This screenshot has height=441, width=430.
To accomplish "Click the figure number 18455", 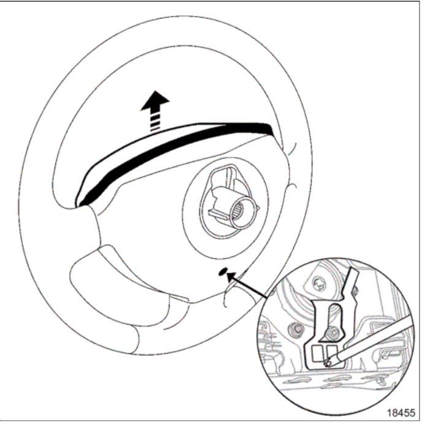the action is tap(401, 413).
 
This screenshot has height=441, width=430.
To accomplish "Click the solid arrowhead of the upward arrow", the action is tap(155, 100).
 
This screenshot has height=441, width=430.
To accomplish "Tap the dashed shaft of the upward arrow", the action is tap(155, 121).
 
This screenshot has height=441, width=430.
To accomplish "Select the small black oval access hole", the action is tap(223, 271).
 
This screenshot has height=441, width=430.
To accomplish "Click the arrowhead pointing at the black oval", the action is tap(232, 277).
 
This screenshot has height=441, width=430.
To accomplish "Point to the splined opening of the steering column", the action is tap(242, 212).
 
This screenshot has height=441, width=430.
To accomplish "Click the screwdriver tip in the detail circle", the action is tap(328, 363).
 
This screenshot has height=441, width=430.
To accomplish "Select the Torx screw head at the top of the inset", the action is tap(319, 284).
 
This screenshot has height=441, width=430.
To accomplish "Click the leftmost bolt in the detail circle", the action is tap(295, 328).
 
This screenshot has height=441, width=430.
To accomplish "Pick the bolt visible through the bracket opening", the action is tap(334, 333).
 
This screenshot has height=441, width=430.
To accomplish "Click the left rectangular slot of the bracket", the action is tap(318, 354).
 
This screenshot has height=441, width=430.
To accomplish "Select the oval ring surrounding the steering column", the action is tap(225, 208).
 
